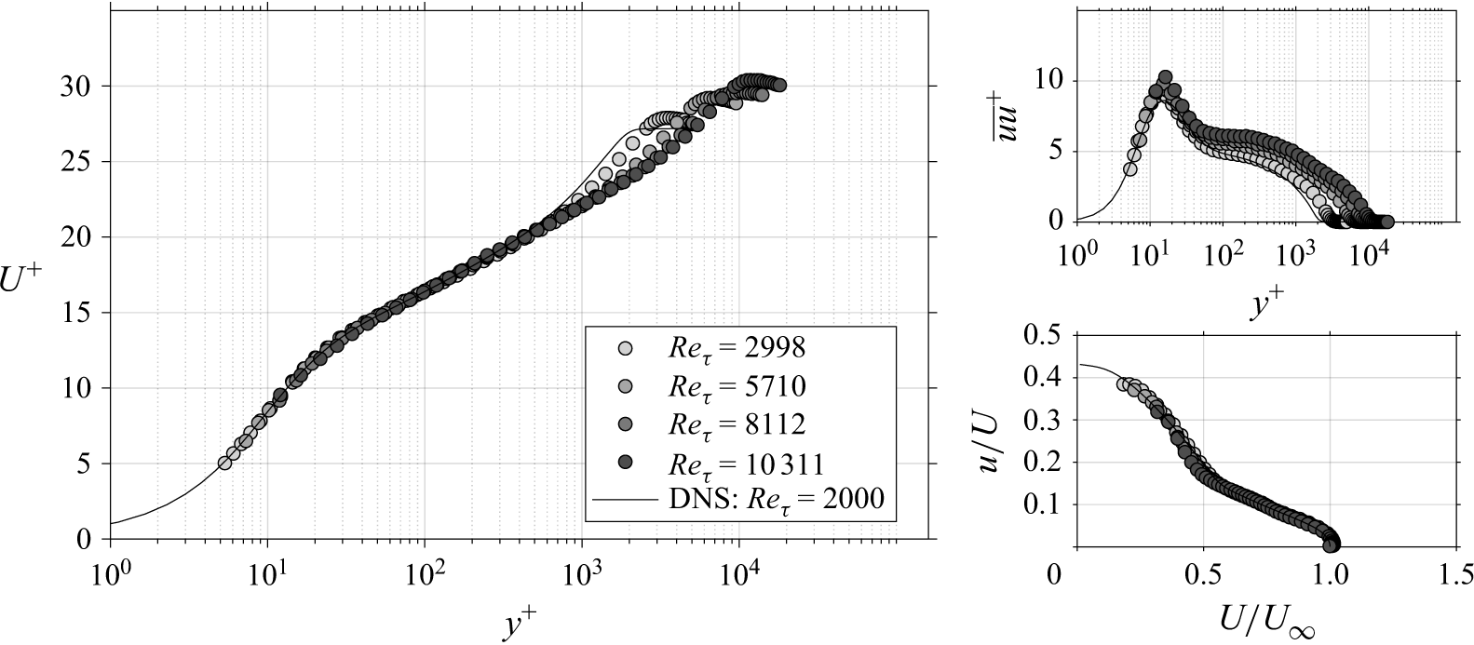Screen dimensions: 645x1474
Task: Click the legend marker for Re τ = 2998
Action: [625, 348]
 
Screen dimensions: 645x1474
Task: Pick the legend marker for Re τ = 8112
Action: [625, 423]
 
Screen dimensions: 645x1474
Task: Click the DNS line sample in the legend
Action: [625, 501]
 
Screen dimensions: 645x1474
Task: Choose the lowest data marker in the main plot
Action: [224, 463]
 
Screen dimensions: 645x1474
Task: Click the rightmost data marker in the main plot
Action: [779, 85]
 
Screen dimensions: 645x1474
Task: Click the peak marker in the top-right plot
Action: [1165, 77]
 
